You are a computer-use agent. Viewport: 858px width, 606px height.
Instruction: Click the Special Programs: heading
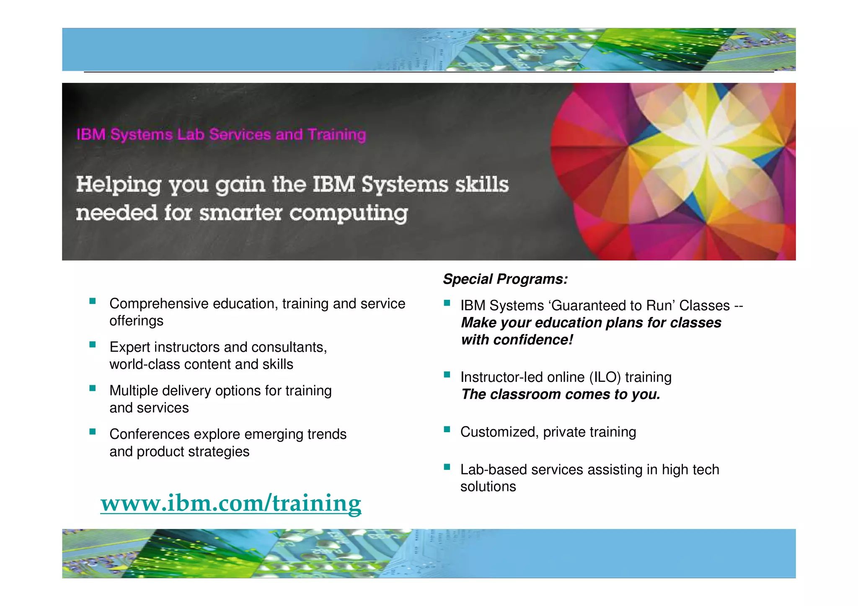pos(505,279)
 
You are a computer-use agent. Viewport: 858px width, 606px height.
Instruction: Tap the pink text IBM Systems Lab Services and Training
pos(221,134)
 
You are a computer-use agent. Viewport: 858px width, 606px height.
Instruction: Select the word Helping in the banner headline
pos(119,185)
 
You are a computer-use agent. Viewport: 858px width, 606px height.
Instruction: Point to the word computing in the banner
pos(349,213)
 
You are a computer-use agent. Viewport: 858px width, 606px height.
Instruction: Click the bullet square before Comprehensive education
pos(93,301)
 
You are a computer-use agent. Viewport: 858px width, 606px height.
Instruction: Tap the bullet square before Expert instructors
pos(93,345)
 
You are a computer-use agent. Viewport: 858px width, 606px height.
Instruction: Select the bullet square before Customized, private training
pos(447,429)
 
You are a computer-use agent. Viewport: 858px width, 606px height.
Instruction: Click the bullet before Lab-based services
pos(447,467)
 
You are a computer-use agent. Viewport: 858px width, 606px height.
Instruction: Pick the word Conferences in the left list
pos(150,434)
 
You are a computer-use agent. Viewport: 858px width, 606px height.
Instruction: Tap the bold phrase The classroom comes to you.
pos(560,395)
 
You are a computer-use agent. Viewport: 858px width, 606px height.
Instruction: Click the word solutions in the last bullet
pos(488,487)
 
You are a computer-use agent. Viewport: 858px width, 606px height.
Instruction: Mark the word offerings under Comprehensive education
pos(136,321)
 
